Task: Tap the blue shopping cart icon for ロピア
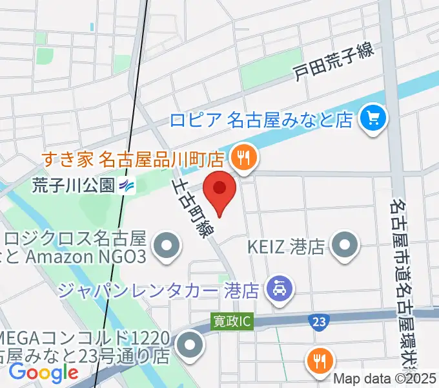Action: click(x=373, y=117)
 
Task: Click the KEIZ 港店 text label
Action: click(x=285, y=246)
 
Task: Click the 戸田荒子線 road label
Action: click(x=333, y=63)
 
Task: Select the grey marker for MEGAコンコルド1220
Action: click(x=189, y=345)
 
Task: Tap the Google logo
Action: click(x=43, y=372)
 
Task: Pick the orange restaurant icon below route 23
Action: click(x=320, y=359)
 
